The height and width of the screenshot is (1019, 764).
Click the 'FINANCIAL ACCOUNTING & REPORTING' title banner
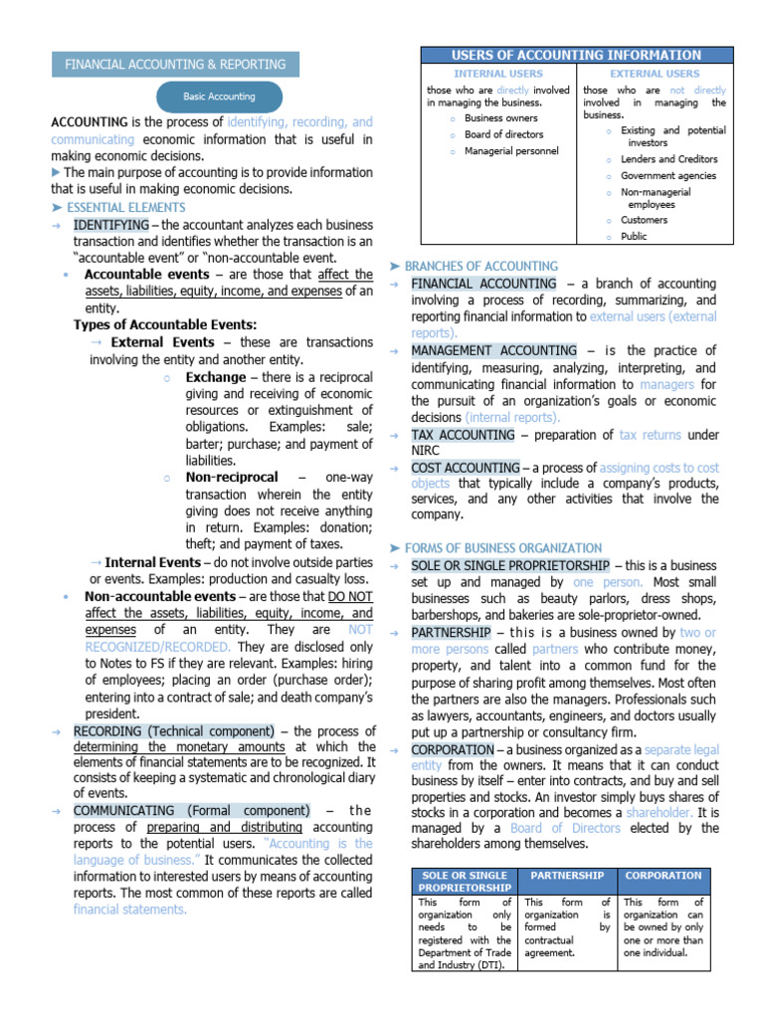[x=175, y=64]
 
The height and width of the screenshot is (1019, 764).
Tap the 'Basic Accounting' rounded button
[x=219, y=97]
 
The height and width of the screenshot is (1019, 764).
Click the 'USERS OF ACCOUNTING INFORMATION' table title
[x=576, y=56]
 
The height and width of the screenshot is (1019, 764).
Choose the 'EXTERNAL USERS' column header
[x=654, y=74]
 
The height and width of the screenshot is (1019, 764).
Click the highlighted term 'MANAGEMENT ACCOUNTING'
[x=493, y=351]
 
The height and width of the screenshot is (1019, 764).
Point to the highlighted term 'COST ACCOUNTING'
[x=466, y=468]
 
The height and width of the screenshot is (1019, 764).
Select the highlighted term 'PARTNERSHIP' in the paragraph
[x=451, y=633]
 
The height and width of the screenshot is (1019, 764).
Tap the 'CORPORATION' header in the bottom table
[x=663, y=876]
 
